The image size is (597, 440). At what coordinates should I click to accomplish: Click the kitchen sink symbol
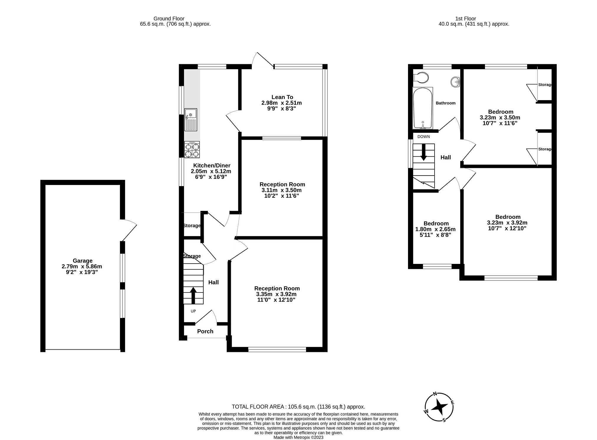coord(190,120)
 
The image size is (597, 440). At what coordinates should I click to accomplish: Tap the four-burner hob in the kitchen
coord(192,150)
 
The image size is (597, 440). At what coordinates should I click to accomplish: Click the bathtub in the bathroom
coord(423,108)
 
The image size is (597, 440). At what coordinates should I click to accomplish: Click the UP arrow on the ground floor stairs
coord(193,295)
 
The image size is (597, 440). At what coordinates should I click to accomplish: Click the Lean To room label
coord(282,97)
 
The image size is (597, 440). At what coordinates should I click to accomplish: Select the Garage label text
coord(83,261)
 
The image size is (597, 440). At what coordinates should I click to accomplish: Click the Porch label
coord(205,331)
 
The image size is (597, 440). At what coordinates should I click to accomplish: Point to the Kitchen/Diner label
coord(211,166)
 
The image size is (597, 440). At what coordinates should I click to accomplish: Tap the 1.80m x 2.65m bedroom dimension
coord(435,229)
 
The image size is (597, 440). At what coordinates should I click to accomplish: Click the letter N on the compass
coord(435,394)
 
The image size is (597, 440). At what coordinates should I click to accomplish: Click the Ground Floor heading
coord(169,19)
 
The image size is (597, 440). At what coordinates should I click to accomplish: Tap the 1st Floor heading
coord(474,19)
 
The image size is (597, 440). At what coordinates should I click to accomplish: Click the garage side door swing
coord(129,230)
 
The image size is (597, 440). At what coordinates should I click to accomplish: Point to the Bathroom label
coord(445,103)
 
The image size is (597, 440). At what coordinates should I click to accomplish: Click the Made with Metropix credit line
coord(298,437)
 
